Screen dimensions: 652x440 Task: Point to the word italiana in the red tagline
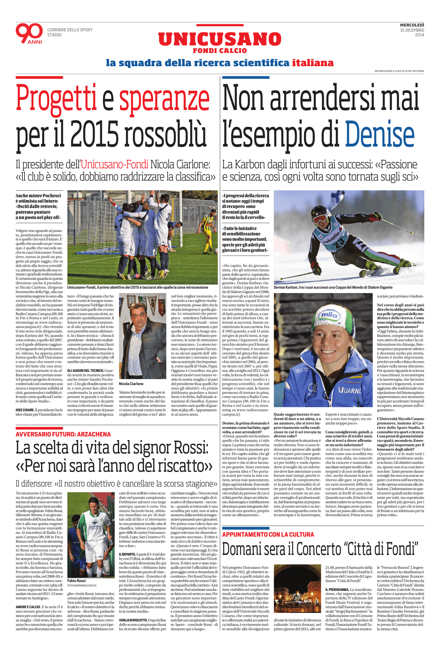click(312, 63)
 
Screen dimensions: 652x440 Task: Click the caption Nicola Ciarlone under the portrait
click(131, 384)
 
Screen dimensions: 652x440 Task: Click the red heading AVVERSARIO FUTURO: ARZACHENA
click(63, 434)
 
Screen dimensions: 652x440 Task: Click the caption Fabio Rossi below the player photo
click(77, 580)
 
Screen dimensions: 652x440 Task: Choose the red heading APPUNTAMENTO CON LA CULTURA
click(268, 534)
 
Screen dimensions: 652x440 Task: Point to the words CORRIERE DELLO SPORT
click(70, 30)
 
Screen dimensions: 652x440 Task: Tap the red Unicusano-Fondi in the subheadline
click(114, 164)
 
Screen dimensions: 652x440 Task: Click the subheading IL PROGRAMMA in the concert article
click(337, 589)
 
